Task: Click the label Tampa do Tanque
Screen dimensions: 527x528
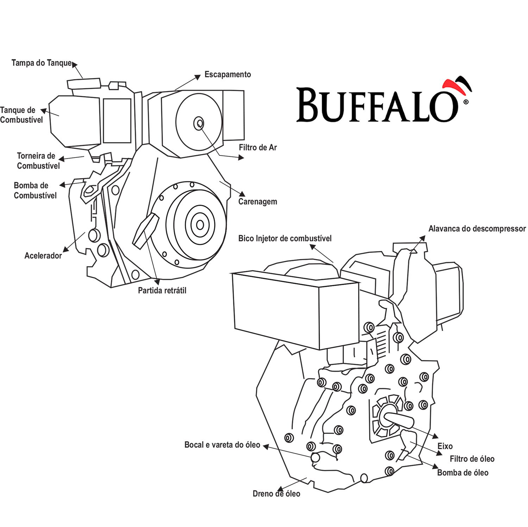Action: coord(42,63)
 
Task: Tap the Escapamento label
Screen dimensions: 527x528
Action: coord(227,75)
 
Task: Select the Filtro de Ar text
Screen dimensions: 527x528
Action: coord(258,148)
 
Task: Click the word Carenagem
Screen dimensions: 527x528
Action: coord(257,202)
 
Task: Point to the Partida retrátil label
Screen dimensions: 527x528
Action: coord(162,290)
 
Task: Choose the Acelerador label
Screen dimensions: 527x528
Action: coord(43,256)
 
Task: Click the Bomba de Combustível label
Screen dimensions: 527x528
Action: coord(35,191)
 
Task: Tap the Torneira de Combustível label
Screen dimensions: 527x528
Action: coord(38,161)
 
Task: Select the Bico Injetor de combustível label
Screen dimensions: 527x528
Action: coord(285,238)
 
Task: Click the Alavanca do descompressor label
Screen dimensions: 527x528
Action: coord(477,229)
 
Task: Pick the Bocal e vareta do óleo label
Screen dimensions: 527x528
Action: coord(222,445)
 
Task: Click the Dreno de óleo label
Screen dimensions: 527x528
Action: coord(276,494)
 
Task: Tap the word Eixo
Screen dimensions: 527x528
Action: coord(445,446)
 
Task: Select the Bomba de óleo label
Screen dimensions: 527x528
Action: coord(463,473)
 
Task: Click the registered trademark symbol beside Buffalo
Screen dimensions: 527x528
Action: coord(466,102)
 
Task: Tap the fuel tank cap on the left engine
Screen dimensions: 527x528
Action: coord(84,83)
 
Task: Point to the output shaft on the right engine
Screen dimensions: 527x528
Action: coord(399,420)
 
